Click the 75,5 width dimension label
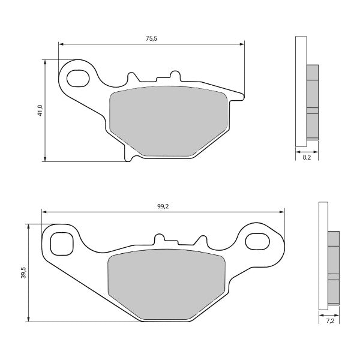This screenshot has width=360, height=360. (x=151, y=38)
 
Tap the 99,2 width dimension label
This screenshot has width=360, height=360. (x=162, y=206)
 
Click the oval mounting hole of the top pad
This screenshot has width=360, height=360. (x=77, y=78)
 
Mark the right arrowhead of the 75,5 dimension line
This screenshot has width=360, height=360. (x=243, y=43)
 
